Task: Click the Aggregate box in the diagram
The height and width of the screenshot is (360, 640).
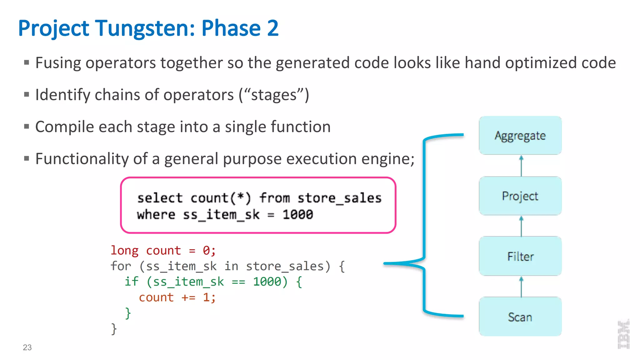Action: (x=520, y=135)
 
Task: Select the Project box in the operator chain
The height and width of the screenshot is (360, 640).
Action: (x=520, y=196)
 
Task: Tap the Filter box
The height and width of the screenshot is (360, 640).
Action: (x=520, y=256)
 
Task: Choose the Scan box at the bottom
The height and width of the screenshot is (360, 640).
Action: (x=520, y=317)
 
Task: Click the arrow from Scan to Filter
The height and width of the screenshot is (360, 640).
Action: (x=521, y=287)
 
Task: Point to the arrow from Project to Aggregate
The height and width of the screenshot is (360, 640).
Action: (x=521, y=166)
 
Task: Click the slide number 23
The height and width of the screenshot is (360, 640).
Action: (x=27, y=347)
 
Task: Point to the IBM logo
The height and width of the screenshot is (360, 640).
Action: (x=623, y=334)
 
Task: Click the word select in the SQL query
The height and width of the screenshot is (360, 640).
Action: (x=160, y=198)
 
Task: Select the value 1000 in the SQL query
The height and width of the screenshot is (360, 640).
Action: (x=297, y=215)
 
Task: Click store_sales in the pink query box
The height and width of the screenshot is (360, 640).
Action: (x=339, y=198)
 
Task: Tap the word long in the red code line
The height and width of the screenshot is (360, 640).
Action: (x=124, y=251)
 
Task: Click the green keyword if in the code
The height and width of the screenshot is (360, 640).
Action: (x=131, y=282)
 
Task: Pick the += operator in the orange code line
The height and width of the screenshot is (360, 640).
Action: (x=188, y=297)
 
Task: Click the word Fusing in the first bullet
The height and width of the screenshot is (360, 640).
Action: (x=58, y=63)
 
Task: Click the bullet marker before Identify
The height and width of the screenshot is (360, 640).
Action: (x=27, y=94)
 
